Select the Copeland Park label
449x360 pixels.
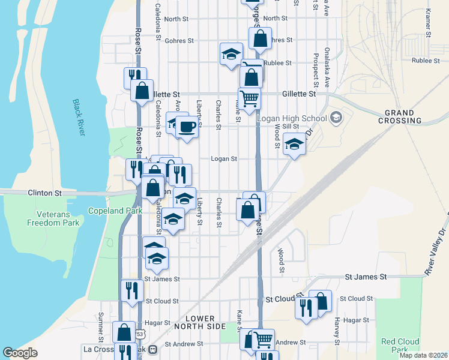[x=115, y=211]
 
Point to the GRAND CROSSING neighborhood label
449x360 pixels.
[x=400, y=116]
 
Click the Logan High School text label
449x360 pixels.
[x=292, y=118]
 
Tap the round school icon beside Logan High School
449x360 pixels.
[x=335, y=117]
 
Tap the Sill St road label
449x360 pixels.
[x=291, y=127]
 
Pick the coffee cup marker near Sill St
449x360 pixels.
[x=187, y=127]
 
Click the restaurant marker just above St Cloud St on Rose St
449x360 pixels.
[x=131, y=290]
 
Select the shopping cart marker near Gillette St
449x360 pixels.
[x=249, y=97]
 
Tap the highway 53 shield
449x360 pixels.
[x=140, y=334]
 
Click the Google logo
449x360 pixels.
[x=20, y=353]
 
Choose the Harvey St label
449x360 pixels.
[x=338, y=328]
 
